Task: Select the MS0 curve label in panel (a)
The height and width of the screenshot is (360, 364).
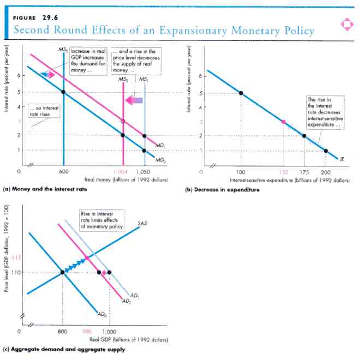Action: coord(63,50)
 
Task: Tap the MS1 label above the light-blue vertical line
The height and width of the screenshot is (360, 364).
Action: coord(144,80)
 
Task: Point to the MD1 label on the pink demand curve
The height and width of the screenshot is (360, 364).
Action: coord(161,146)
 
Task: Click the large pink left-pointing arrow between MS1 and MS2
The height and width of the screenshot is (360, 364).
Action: coord(134,100)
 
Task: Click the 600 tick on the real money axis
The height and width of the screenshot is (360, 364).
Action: coord(63,172)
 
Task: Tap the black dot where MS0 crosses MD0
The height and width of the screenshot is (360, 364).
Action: coord(63,92)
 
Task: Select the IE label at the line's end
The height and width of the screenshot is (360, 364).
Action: coord(342,159)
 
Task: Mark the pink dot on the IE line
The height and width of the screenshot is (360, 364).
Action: coord(283,122)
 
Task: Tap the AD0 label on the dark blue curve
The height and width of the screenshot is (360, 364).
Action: coord(101,314)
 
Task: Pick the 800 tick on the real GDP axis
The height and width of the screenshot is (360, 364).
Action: coord(63,331)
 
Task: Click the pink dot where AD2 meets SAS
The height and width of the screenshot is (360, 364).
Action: coord(86,257)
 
